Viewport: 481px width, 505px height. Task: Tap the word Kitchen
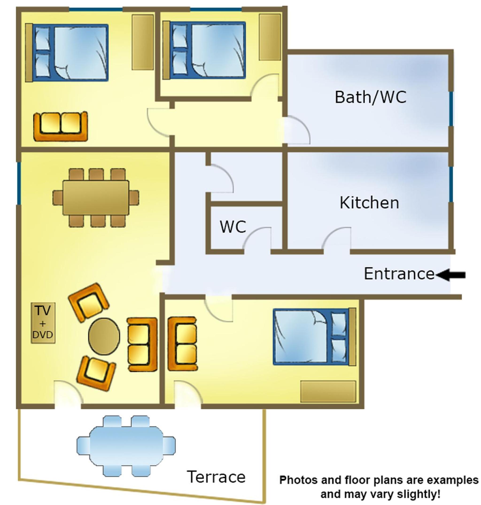point(369,203)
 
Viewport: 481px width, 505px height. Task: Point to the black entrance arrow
point(451,275)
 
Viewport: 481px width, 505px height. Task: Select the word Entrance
point(399,274)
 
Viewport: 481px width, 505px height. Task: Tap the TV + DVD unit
point(43,323)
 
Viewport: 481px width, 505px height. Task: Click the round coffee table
point(104,336)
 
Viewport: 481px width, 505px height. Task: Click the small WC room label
point(233,227)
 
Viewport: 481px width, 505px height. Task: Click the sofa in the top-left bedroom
point(61,126)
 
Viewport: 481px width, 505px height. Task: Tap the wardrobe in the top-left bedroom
point(143,42)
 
